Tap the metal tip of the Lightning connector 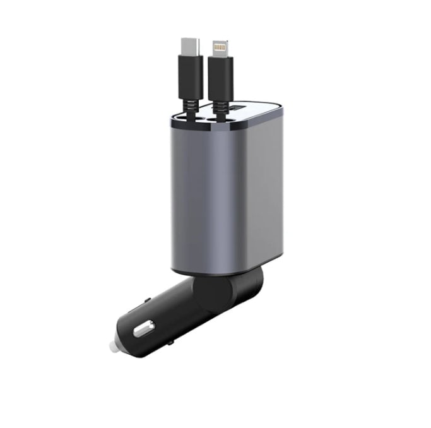[x=220, y=47]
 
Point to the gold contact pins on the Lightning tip [x=220, y=45]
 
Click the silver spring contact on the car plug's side [x=144, y=328]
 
